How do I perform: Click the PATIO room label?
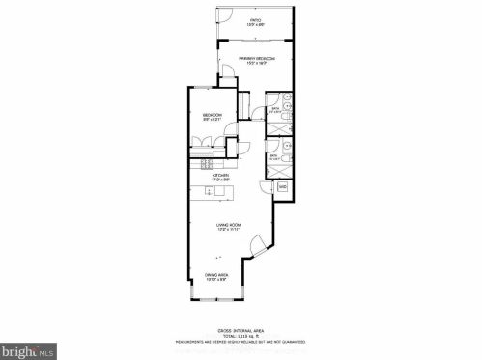tap(256, 19)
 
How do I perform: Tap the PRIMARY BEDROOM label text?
tap(256, 58)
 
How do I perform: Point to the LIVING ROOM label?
tap(229, 225)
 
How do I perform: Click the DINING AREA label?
tap(215, 275)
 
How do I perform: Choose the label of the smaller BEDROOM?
tap(213, 114)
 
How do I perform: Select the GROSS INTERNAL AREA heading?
tap(241, 329)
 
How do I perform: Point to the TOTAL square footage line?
tap(241, 335)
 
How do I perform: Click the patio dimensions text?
tap(256, 24)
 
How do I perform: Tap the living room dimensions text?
tap(229, 230)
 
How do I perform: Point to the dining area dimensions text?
tap(215, 280)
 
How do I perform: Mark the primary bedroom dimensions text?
tap(256, 63)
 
